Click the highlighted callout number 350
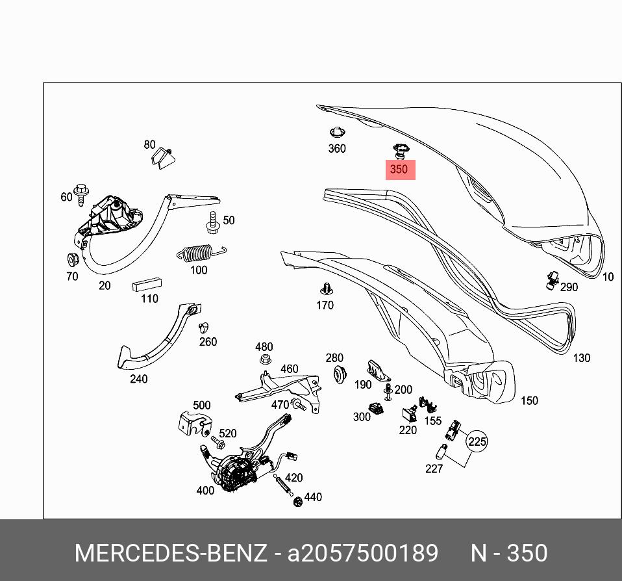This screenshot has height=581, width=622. coord(398,170)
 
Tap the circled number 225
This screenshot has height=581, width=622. coord(477,442)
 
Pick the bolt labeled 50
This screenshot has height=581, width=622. coord(213,222)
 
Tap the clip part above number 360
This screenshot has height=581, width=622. coord(336,131)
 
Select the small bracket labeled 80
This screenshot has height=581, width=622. coord(162,158)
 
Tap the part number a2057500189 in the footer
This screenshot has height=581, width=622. coord(363,553)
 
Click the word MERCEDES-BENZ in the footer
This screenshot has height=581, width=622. coord(170,553)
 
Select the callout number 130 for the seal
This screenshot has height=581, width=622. coord(581,358)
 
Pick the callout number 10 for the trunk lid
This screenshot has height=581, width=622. coord(608,277)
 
